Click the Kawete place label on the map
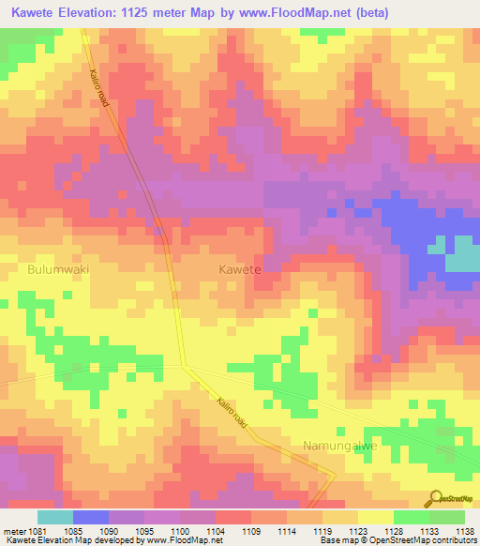[x=239, y=268]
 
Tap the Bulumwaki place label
[x=57, y=268]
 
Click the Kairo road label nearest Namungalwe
[x=231, y=412]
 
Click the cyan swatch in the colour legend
[x=54, y=517]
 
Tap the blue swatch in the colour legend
[x=90, y=517]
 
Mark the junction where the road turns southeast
[x=185, y=365]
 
